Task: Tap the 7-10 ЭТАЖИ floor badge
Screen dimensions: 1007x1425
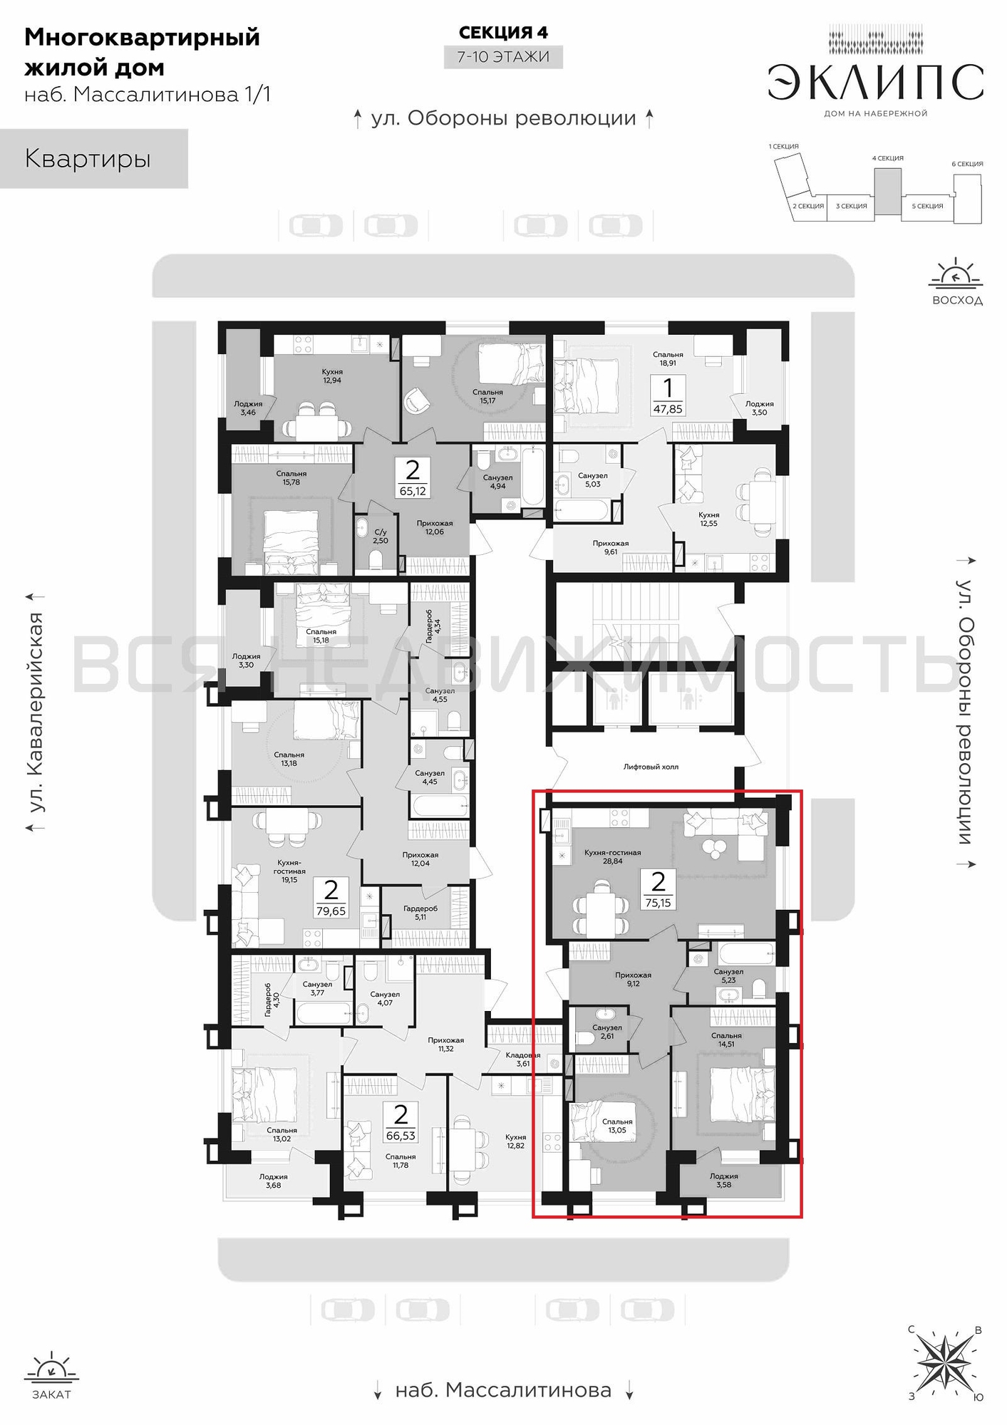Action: point(503,57)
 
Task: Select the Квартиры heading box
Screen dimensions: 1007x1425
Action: point(94,158)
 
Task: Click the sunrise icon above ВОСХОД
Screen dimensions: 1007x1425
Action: point(956,274)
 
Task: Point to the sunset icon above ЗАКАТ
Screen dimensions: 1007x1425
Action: point(51,1367)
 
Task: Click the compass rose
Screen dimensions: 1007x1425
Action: point(944,1362)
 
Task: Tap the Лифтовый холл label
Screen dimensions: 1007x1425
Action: point(651,767)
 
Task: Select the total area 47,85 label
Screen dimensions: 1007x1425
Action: point(668,409)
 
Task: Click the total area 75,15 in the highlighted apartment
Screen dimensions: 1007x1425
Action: point(658,903)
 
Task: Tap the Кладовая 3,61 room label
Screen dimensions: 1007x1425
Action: point(523,1059)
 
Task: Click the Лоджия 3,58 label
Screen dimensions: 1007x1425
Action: point(723,1180)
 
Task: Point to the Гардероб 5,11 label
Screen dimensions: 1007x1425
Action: point(420,913)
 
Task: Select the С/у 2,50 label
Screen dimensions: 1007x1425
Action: point(381,537)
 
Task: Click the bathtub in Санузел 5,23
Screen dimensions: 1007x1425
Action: point(745,953)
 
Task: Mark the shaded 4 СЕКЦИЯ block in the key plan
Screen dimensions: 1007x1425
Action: point(887,191)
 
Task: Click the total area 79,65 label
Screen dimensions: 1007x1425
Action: point(331,911)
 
